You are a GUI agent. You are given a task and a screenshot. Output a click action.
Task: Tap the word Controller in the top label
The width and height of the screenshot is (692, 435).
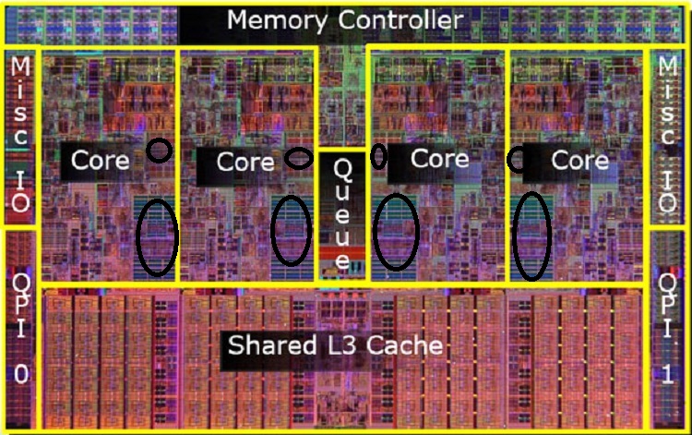tap(400, 18)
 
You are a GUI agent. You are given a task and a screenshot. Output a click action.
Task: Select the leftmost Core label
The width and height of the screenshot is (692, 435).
tap(101, 160)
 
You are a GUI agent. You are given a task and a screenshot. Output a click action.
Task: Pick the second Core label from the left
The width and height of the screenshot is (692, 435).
tap(245, 162)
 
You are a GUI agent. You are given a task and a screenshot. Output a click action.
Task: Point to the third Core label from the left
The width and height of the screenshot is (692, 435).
tap(433, 159)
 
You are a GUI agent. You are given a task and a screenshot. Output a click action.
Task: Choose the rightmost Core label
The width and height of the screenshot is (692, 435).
tap(579, 160)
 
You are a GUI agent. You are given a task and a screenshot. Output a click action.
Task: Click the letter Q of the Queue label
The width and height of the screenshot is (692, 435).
tap(342, 169)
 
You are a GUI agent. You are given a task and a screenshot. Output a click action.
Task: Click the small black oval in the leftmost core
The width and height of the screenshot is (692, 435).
tap(160, 151)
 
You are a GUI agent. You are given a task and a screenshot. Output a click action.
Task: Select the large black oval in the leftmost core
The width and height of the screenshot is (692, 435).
tap(157, 237)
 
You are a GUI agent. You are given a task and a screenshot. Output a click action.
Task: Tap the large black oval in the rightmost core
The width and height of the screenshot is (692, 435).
tap(532, 236)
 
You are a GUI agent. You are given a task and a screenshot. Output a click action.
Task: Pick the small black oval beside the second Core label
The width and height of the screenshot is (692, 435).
tap(298, 158)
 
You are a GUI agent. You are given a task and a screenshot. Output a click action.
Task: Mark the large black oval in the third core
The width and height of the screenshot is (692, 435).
tap(397, 231)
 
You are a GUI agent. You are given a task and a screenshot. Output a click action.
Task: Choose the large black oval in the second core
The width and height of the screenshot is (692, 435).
tap(292, 229)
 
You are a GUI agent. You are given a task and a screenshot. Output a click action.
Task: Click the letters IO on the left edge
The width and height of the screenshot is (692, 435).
tap(20, 189)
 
